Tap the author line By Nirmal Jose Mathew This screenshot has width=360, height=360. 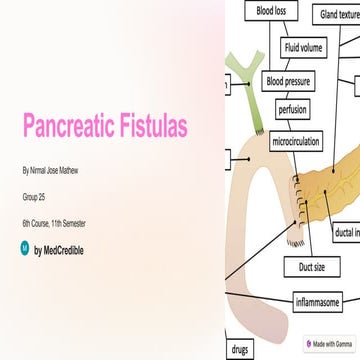(50, 171)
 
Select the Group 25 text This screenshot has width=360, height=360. (34, 198)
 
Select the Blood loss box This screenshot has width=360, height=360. (271, 12)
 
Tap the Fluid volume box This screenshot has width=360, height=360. (303, 48)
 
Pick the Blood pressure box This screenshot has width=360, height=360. (287, 81)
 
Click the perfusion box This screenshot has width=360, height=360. (293, 110)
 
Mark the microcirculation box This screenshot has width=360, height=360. (296, 143)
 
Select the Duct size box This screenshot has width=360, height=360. (312, 267)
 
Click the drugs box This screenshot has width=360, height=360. (240, 350)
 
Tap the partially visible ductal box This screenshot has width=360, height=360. (347, 233)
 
